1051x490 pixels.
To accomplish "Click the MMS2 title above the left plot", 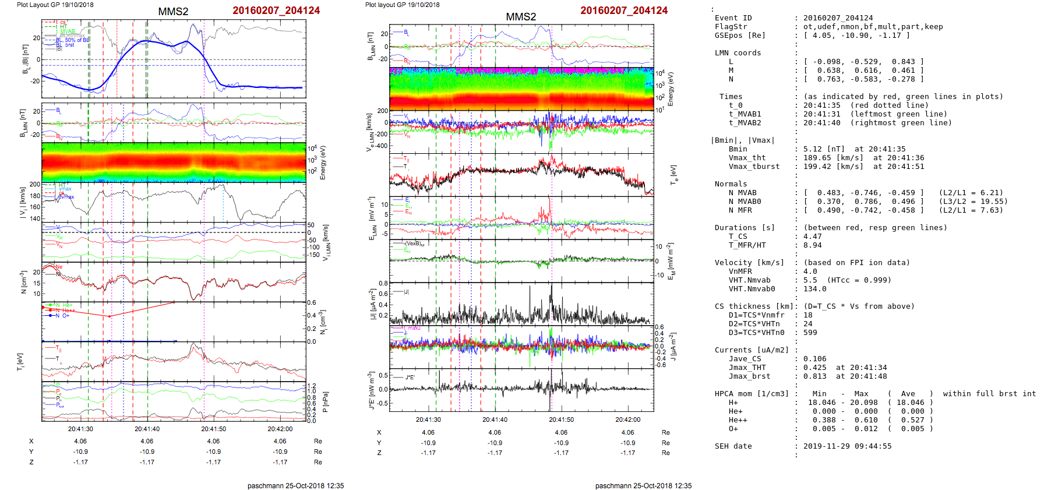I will [x=173, y=12].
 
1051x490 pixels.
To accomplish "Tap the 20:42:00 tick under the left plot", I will [x=280, y=429].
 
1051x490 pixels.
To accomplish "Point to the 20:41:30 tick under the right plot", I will [x=428, y=420].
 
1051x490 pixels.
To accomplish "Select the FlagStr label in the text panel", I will [x=731, y=27].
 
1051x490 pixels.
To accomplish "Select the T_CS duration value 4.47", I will [x=812, y=237].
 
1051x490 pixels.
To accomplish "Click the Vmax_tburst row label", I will [x=754, y=167].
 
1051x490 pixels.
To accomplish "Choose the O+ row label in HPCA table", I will [x=733, y=429].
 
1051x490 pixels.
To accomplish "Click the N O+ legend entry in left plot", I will [x=62, y=316].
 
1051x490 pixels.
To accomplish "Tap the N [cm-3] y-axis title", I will [x=24, y=283].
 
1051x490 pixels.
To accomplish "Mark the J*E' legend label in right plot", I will [x=410, y=377].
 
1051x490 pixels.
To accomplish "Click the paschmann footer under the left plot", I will [x=295, y=485].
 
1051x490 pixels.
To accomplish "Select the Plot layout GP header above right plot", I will [x=402, y=5].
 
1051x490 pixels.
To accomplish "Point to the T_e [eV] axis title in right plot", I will [x=673, y=174].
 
